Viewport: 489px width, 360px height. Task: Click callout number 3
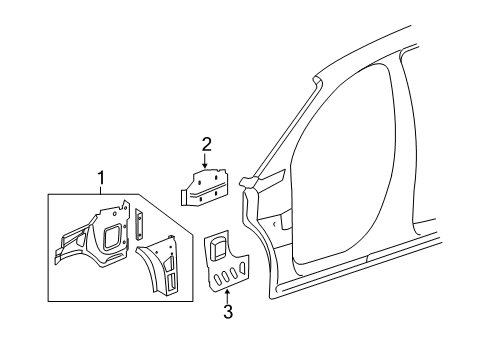[x=228, y=312]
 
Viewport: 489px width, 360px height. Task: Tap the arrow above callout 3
[x=228, y=294]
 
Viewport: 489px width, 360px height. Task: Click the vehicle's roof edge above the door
[x=400, y=60]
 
